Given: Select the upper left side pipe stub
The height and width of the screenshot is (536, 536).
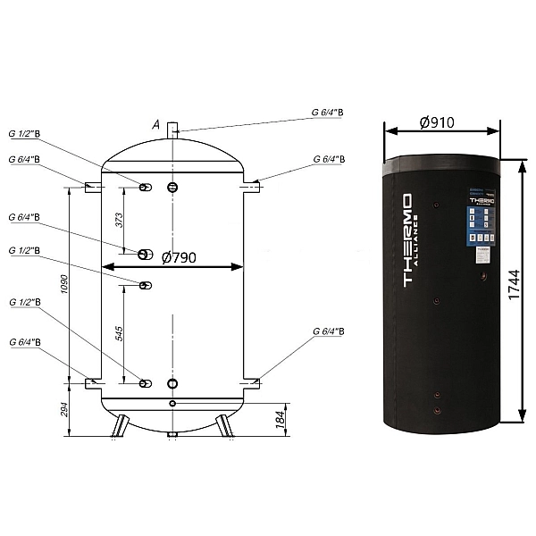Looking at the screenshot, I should [92, 188].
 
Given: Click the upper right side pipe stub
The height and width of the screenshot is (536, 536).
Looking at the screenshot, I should [253, 188].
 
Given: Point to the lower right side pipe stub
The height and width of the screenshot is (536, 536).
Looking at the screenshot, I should [253, 383].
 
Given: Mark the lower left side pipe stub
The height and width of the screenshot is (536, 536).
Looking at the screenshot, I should [93, 383].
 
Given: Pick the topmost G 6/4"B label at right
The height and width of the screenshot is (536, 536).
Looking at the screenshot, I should [333, 113].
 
